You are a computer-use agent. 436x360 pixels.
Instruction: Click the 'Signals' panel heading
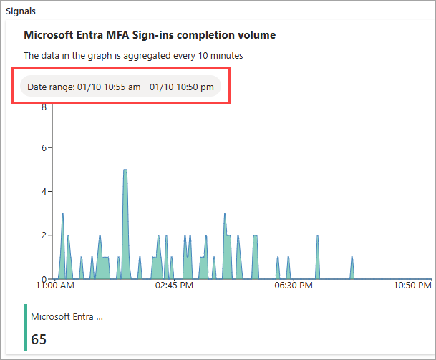pos(21,12)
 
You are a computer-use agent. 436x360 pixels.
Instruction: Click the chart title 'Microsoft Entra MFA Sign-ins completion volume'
pos(150,34)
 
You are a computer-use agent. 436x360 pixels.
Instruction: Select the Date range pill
pos(120,87)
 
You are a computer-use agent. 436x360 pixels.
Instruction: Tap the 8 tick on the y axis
pos(44,107)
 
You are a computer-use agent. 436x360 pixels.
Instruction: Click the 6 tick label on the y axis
pos(44,148)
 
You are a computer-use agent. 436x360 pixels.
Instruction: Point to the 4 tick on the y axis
pos(44,192)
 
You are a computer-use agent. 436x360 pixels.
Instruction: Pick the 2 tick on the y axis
pos(44,235)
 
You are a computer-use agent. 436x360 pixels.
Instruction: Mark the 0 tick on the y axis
pos(44,278)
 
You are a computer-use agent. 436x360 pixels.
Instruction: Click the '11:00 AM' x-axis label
pos(55,286)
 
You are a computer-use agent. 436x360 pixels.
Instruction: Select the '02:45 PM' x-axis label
pos(174,286)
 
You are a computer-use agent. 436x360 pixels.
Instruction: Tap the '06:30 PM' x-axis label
pos(294,286)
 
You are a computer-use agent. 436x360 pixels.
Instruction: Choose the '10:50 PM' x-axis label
pos(413,286)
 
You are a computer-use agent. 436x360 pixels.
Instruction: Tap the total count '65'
pos(39,339)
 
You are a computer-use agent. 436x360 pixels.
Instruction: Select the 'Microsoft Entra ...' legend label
pos(67,316)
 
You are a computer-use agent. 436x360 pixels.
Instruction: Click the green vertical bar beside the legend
pos(26,327)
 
